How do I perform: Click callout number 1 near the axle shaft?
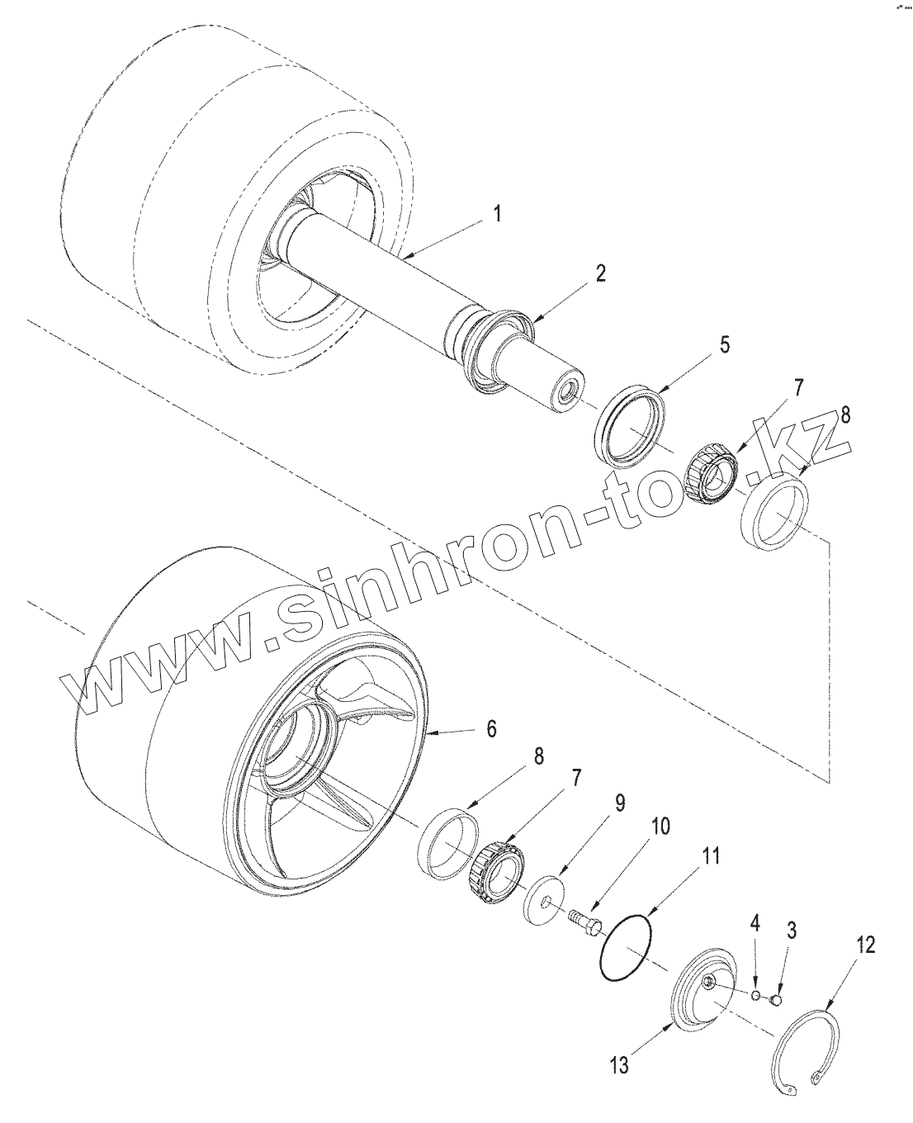(497, 214)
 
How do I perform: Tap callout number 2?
(600, 274)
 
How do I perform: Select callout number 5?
(724, 345)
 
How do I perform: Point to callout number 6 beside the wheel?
(491, 728)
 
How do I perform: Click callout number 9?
(619, 803)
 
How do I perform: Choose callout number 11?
(711, 856)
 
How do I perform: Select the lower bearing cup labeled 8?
(449, 841)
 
